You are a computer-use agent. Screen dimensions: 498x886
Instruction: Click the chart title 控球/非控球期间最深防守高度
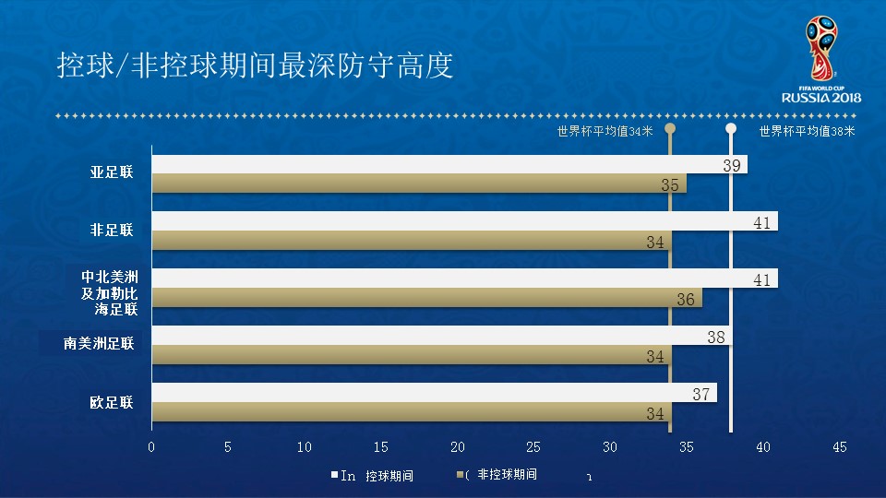coord(255,66)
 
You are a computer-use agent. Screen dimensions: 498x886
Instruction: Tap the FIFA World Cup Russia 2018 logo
coord(821,60)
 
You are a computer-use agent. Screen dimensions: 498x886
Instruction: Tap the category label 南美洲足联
coord(99,344)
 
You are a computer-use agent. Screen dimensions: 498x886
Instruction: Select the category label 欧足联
coord(112,403)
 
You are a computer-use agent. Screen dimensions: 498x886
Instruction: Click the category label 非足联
coord(112,231)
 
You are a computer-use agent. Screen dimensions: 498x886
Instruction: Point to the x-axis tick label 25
coord(533,447)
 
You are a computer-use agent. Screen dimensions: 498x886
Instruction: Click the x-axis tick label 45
coord(839,447)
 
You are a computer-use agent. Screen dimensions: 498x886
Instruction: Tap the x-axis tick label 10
coord(305,447)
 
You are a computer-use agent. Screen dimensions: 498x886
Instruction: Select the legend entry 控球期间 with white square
coord(373,476)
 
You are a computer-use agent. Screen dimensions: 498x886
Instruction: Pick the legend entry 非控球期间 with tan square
coord(498,475)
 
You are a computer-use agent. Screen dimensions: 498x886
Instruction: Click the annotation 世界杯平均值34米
coord(605,131)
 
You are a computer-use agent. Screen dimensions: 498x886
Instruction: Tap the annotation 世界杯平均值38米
coord(807,131)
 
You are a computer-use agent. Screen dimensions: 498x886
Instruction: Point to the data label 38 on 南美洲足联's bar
coord(716,338)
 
